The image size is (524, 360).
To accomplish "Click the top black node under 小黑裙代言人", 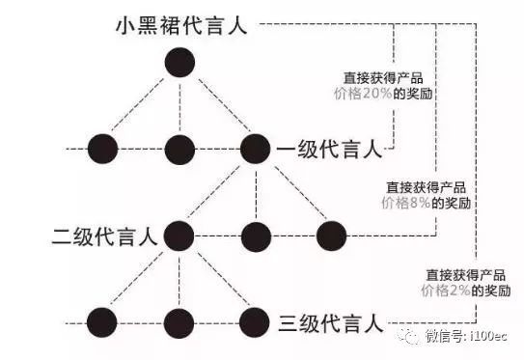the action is pyautogui.click(x=179, y=64).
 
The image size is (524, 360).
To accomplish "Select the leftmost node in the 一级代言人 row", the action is pyautogui.click(x=102, y=149).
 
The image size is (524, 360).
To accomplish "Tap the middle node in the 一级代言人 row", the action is pyautogui.click(x=179, y=149).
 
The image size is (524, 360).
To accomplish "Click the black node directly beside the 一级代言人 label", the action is pyautogui.click(x=255, y=149).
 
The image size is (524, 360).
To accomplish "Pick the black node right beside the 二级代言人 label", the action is pyautogui.click(x=179, y=235).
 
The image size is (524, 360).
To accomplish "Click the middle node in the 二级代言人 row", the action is pyautogui.click(x=255, y=235).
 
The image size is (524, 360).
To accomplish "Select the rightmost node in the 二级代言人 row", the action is pyautogui.click(x=331, y=235).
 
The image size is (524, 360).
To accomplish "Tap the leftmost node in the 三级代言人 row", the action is pyautogui.click(x=102, y=319).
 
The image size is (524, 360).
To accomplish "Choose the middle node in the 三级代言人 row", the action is pyautogui.click(x=179, y=319).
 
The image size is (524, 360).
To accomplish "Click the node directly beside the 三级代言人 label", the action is pyautogui.click(x=255, y=319).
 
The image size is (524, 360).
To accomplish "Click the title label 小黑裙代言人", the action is pyautogui.click(x=180, y=24).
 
